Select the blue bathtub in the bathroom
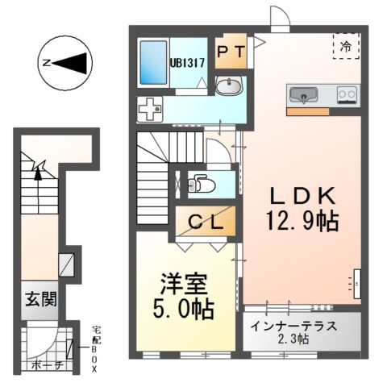point(152,62)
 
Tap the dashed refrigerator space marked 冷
point(346,46)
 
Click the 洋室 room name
point(185,285)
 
